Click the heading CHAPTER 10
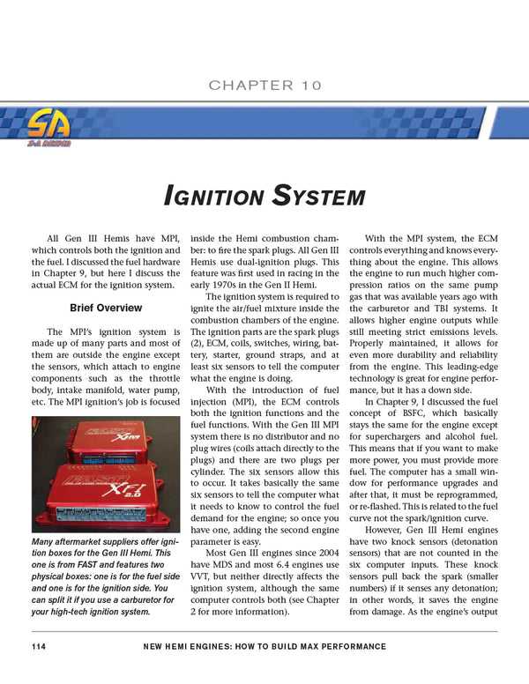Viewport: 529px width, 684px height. pyautogui.click(x=264, y=85)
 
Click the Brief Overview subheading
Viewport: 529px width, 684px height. pyautogui.click(x=106, y=308)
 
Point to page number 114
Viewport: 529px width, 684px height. pyautogui.click(x=37, y=647)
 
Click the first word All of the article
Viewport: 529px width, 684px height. pyautogui.click(x=56, y=237)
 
